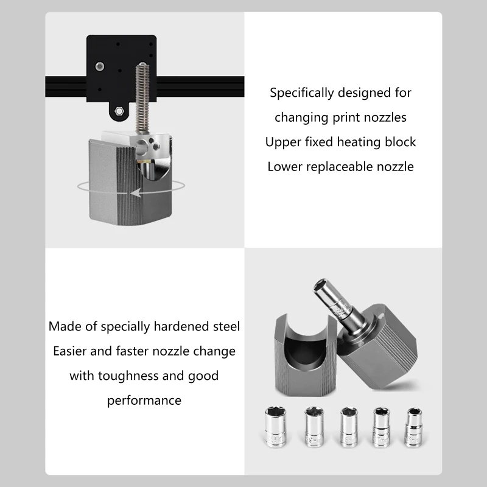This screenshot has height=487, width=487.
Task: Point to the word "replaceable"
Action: pyautogui.click(x=340, y=167)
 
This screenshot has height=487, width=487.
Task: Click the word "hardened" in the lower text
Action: pyautogui.click(x=181, y=326)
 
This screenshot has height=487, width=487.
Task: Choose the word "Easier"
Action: pyautogui.click(x=69, y=351)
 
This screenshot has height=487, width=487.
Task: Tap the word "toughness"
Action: pyautogui.click(x=128, y=376)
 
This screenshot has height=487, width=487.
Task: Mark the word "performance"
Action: pyautogui.click(x=144, y=401)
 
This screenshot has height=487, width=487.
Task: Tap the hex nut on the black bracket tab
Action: pyautogui.click(x=119, y=111)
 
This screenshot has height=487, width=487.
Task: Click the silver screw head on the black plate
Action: pyautogui.click(x=100, y=66)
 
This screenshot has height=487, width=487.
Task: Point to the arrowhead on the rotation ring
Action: pyautogui.click(x=136, y=193)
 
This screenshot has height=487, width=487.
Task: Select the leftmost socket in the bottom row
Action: pyautogui.click(x=275, y=427)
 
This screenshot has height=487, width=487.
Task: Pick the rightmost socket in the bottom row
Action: pyautogui.click(x=414, y=428)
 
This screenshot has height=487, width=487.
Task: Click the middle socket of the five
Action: pyautogui.click(x=349, y=427)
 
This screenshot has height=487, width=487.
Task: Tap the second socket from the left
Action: pyautogui.click(x=314, y=427)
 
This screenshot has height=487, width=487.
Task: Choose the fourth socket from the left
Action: pyautogui.click(x=382, y=427)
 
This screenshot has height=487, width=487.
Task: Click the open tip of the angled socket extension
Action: pyautogui.click(x=321, y=286)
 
